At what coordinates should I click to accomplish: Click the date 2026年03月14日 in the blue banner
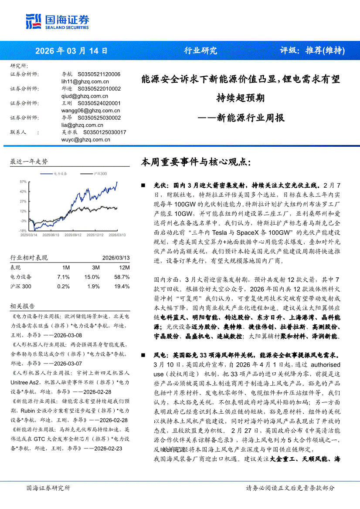[71, 51]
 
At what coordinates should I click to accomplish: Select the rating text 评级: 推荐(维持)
[312, 51]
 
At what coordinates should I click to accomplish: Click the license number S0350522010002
[99, 89]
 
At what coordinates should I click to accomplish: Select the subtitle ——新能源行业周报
[241, 118]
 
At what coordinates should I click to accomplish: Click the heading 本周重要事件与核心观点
[196, 162]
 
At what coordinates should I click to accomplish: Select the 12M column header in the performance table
[124, 267]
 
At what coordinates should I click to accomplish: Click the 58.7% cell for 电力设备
[122, 277]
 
